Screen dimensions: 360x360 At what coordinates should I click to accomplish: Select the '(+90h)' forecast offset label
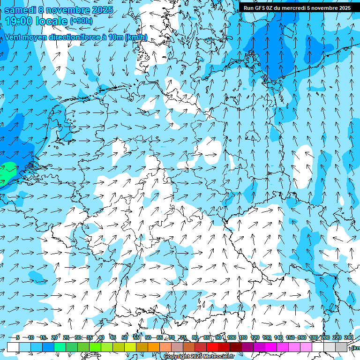point(81,21)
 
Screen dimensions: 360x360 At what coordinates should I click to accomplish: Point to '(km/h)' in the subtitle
point(136,37)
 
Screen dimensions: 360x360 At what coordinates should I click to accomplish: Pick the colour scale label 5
point(17,337)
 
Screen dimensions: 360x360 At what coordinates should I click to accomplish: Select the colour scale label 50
point(125,337)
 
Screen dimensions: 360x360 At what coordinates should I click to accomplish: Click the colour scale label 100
point(231,337)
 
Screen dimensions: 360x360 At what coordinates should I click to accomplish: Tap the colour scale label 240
point(349,337)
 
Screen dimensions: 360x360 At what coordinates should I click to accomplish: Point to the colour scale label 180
point(314,337)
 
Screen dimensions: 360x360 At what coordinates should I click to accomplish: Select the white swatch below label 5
point(13,347)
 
